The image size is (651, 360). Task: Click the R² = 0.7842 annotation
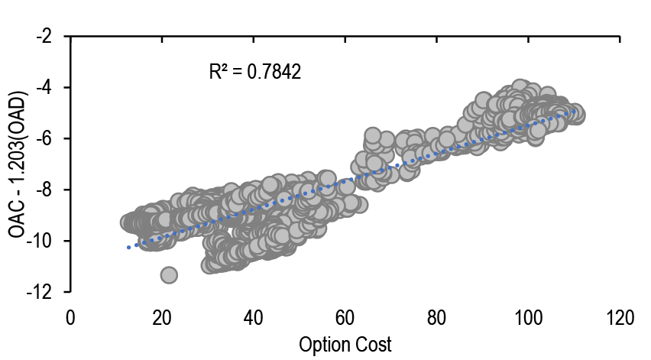pos(254,73)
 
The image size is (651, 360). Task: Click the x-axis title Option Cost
pos(345,345)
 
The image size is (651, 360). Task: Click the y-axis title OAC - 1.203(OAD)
pos(18,164)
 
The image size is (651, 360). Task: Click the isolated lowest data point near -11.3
pos(169,274)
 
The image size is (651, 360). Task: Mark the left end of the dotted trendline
pos(128,247)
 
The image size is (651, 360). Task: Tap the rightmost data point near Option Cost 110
pos(575,115)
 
